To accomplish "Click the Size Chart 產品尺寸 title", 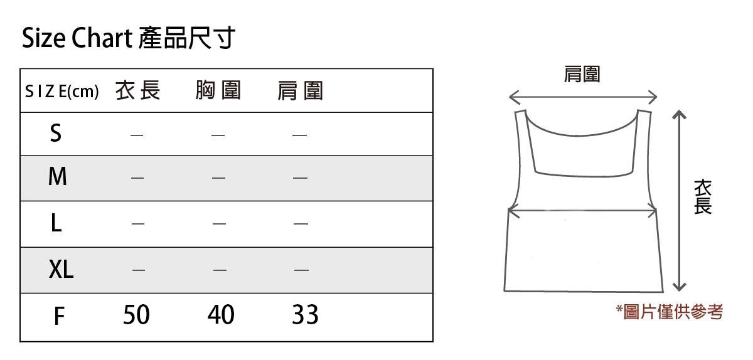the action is point(129,39).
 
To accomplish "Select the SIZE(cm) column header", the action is point(61,92).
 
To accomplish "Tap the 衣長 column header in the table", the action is point(138,92).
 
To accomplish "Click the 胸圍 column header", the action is point(218,92).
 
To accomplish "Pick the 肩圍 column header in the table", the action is point(300,92).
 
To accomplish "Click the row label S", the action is point(56,134).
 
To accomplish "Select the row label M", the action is point(57,177).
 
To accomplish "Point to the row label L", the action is point(56,223).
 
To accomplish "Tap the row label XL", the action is point(61,270).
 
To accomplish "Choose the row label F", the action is point(58,316).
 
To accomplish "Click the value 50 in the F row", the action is point(136,315).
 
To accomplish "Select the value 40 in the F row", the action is point(220,315).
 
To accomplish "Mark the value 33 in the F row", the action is point(305,315).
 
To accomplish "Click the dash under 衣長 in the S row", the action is point(137,135).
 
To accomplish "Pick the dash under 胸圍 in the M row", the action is point(218,178).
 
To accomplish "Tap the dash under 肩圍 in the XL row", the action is point(301,270).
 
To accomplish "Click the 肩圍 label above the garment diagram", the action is point(582,75).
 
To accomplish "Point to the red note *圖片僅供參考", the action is point(669,312).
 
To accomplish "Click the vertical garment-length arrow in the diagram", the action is point(678,201).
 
